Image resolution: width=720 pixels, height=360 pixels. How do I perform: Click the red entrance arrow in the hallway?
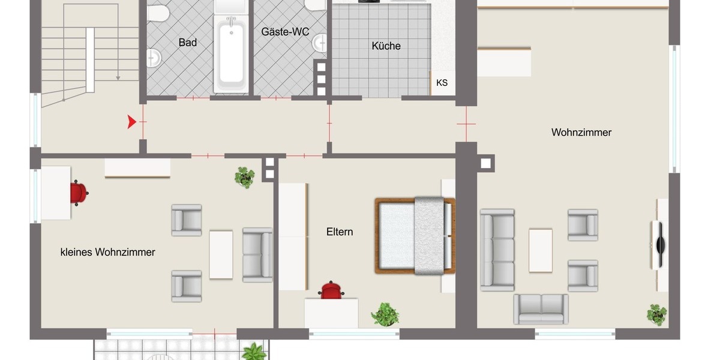pos(131,122)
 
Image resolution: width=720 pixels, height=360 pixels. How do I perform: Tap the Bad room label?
pos(187,43)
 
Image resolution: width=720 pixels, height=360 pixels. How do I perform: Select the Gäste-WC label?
pos(285,31)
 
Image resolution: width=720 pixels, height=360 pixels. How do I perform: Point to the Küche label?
pos(386,46)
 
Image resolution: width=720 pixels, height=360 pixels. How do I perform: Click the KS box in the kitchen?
pos(442,83)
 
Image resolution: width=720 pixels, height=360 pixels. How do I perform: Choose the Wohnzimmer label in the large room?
pos(581,133)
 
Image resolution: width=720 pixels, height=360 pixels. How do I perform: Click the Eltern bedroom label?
pos(340,232)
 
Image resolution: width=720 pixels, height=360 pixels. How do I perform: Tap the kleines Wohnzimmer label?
pos(108,252)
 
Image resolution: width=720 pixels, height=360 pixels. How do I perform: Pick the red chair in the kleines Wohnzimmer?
pos(79,193)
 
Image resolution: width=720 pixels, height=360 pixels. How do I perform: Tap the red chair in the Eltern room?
pos(331,291)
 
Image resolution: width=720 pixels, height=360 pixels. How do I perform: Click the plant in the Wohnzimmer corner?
pos(656,314)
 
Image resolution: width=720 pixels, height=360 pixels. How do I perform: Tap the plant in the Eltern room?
pos(385,314)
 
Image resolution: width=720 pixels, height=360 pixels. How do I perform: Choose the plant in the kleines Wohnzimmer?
pos(245,177)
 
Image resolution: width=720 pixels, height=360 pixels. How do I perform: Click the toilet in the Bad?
pos(158,13)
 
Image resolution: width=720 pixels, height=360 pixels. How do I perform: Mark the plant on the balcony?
pos(254,352)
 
